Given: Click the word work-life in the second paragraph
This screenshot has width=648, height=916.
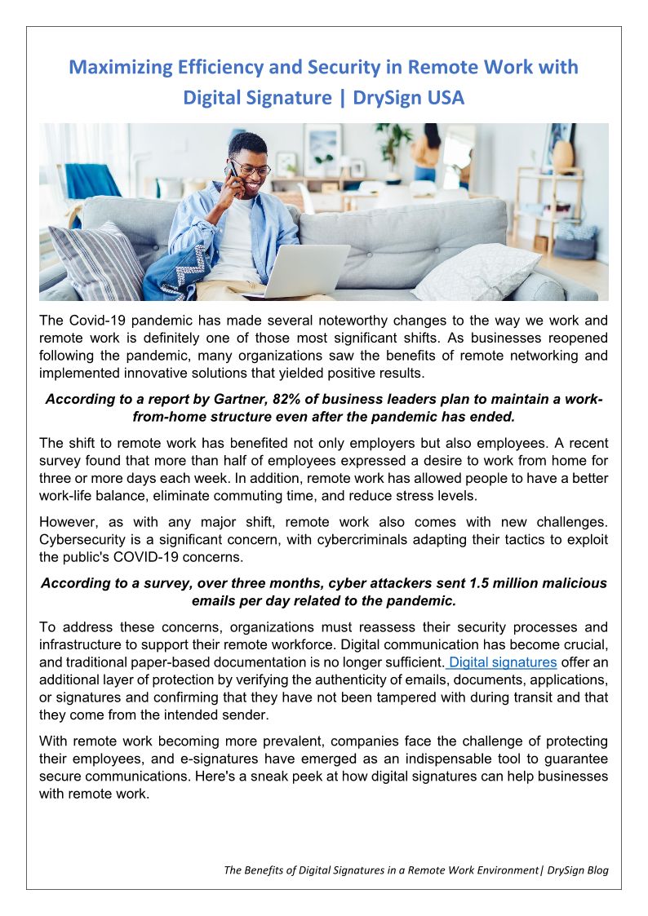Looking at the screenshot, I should [x=72, y=496].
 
